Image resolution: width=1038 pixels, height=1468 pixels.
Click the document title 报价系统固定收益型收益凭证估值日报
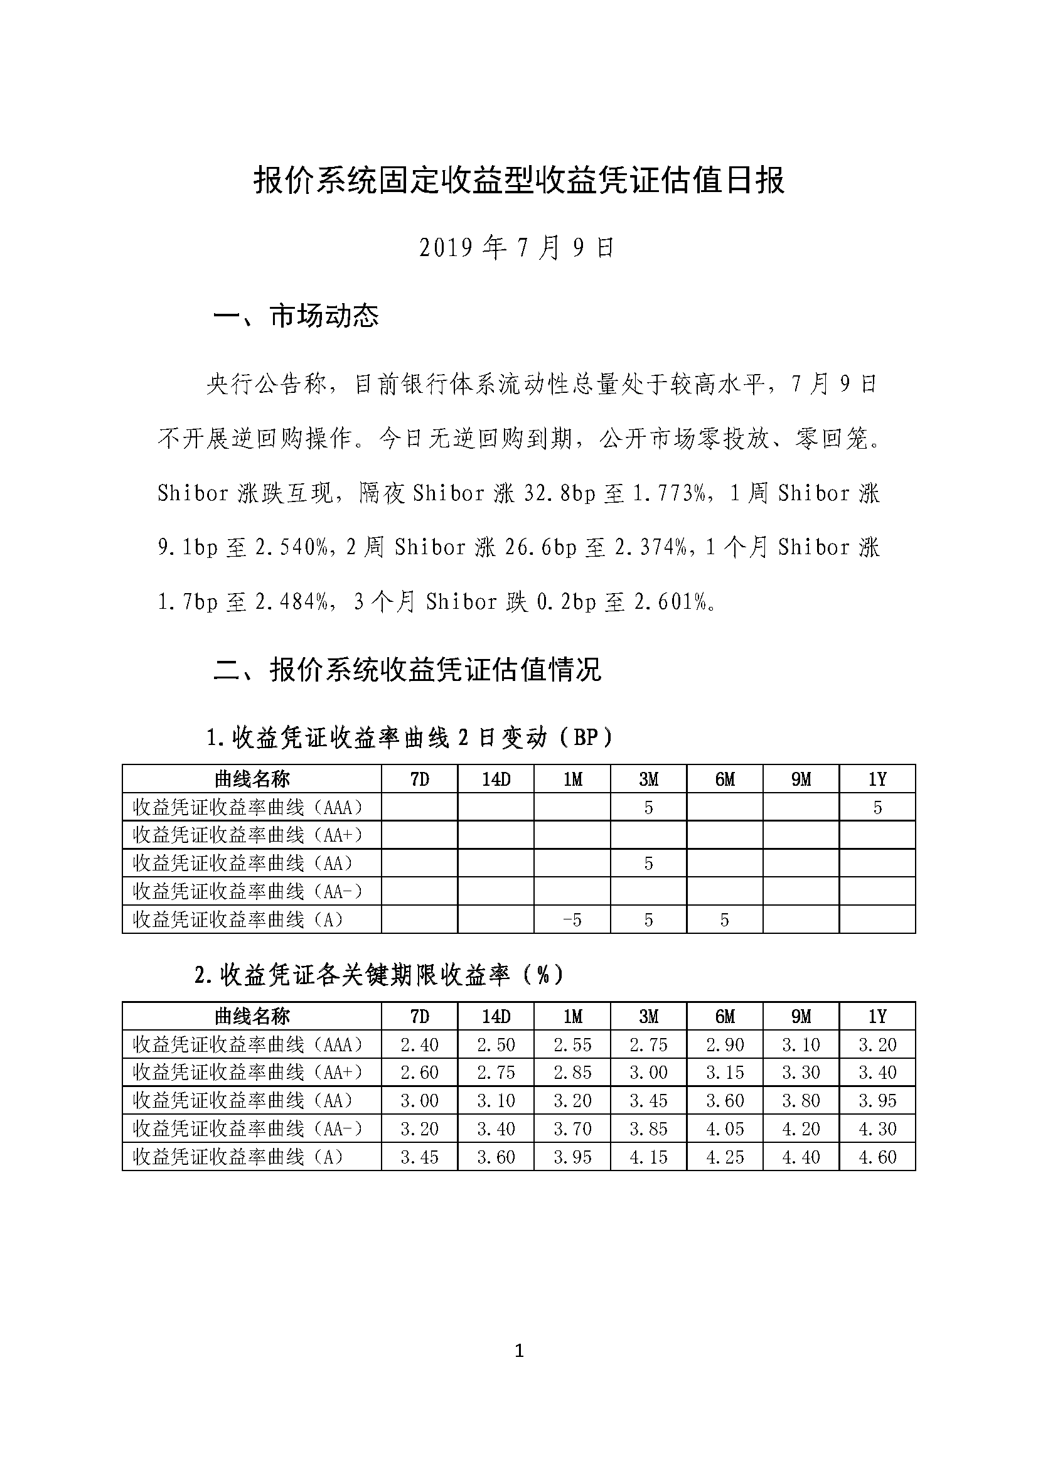tap(518, 180)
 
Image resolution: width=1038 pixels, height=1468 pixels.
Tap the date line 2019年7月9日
tap(516, 248)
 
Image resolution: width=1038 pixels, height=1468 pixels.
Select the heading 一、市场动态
tap(296, 316)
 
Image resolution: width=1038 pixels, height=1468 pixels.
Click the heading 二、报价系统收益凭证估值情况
tap(407, 670)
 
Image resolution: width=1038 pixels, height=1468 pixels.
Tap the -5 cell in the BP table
tap(572, 920)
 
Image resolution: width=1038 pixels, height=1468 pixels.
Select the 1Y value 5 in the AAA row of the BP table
tap(877, 808)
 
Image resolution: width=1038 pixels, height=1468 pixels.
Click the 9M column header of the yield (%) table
tap(801, 1017)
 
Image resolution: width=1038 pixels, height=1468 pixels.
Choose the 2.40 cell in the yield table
tap(419, 1045)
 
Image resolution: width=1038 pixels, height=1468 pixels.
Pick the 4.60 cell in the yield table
tap(877, 1157)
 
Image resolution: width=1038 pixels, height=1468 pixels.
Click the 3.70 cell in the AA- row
tap(572, 1129)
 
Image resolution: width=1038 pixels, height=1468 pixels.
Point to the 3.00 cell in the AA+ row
tap(648, 1073)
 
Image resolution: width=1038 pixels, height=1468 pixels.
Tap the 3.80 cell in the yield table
tap(801, 1101)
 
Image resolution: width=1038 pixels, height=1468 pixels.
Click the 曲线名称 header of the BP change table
tap(252, 779)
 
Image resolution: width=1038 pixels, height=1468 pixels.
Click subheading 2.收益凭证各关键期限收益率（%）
tap(379, 975)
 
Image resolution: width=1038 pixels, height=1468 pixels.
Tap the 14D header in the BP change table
tap(496, 779)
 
